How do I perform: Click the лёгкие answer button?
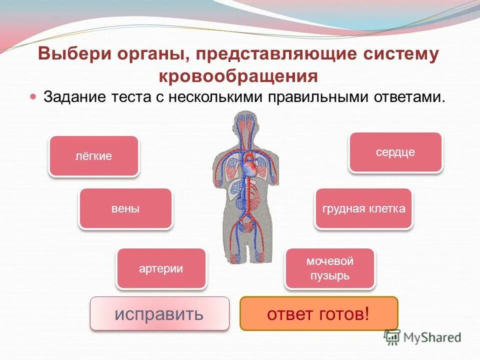[93, 156]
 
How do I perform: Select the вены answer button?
[125, 208]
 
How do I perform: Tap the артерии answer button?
[161, 268]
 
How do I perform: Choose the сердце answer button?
[395, 152]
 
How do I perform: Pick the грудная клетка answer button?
[363, 208]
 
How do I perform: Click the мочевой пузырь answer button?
[329, 268]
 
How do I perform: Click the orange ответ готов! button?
[318, 314]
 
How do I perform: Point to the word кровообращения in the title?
[238, 76]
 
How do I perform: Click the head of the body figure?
[245, 125]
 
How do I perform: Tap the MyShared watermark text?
[432, 337]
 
